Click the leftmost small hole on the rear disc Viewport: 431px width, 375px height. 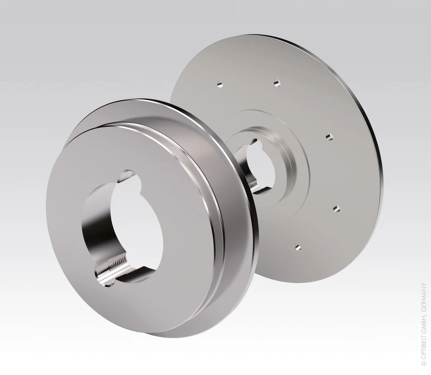click(x=220, y=85)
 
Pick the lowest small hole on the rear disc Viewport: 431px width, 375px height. click(x=298, y=247)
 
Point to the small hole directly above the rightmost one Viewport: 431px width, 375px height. click(x=329, y=137)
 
